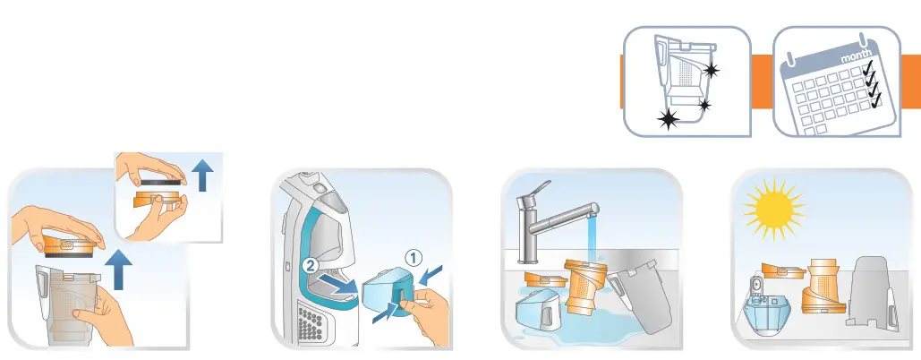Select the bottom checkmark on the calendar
pyautogui.click(x=875, y=102)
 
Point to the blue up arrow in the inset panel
pyautogui.click(x=203, y=176)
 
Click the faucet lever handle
pyautogui.click(x=542, y=191)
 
